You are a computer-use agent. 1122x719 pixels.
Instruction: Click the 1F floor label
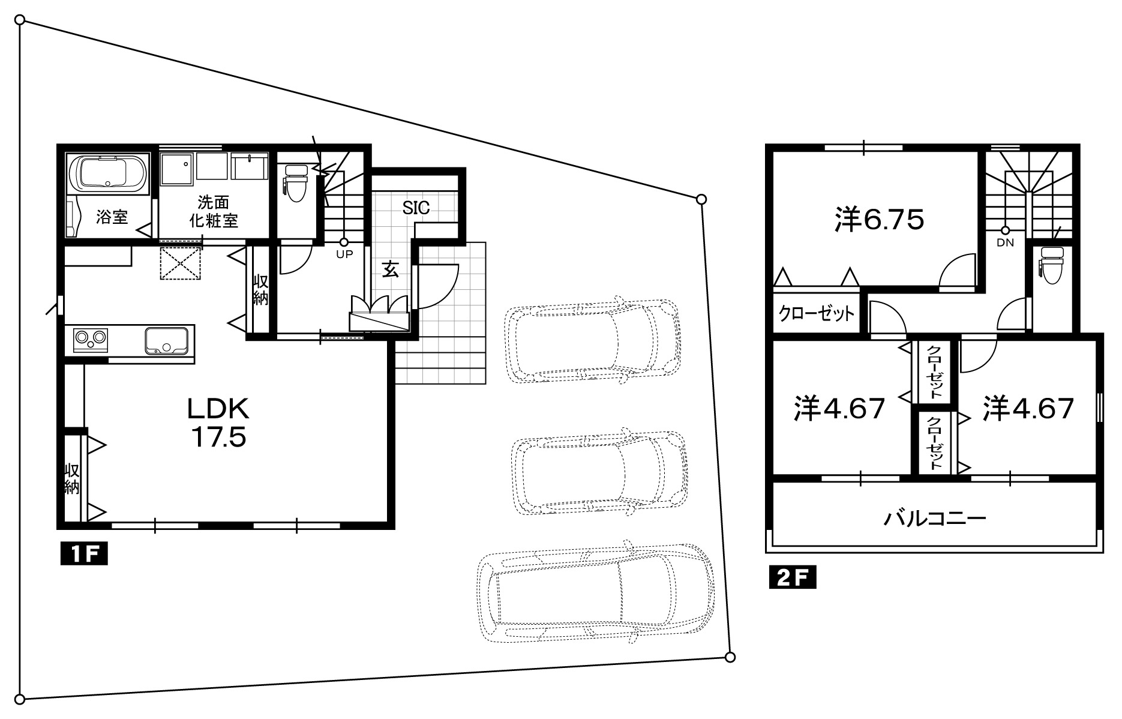[83, 553]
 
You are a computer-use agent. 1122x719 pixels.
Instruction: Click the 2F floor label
[793, 577]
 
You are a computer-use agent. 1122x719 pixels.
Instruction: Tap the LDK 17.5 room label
[218, 423]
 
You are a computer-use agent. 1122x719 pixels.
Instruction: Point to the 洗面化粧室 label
[214, 211]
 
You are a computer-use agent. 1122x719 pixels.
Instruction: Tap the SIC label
[416, 208]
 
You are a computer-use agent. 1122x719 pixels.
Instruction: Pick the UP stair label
[344, 254]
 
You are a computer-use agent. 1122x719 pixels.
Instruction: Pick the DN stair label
[1005, 243]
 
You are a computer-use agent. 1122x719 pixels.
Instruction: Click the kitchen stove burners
[91, 340]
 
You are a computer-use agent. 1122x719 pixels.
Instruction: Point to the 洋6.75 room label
[878, 220]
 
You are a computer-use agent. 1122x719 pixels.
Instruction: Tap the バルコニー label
[934, 517]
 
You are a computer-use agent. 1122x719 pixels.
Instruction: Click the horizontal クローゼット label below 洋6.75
[817, 313]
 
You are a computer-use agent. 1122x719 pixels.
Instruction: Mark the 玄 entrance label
[391, 271]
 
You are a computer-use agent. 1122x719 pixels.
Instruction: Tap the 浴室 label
[112, 217]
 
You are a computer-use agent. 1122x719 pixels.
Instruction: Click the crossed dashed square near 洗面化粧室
[181, 262]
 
